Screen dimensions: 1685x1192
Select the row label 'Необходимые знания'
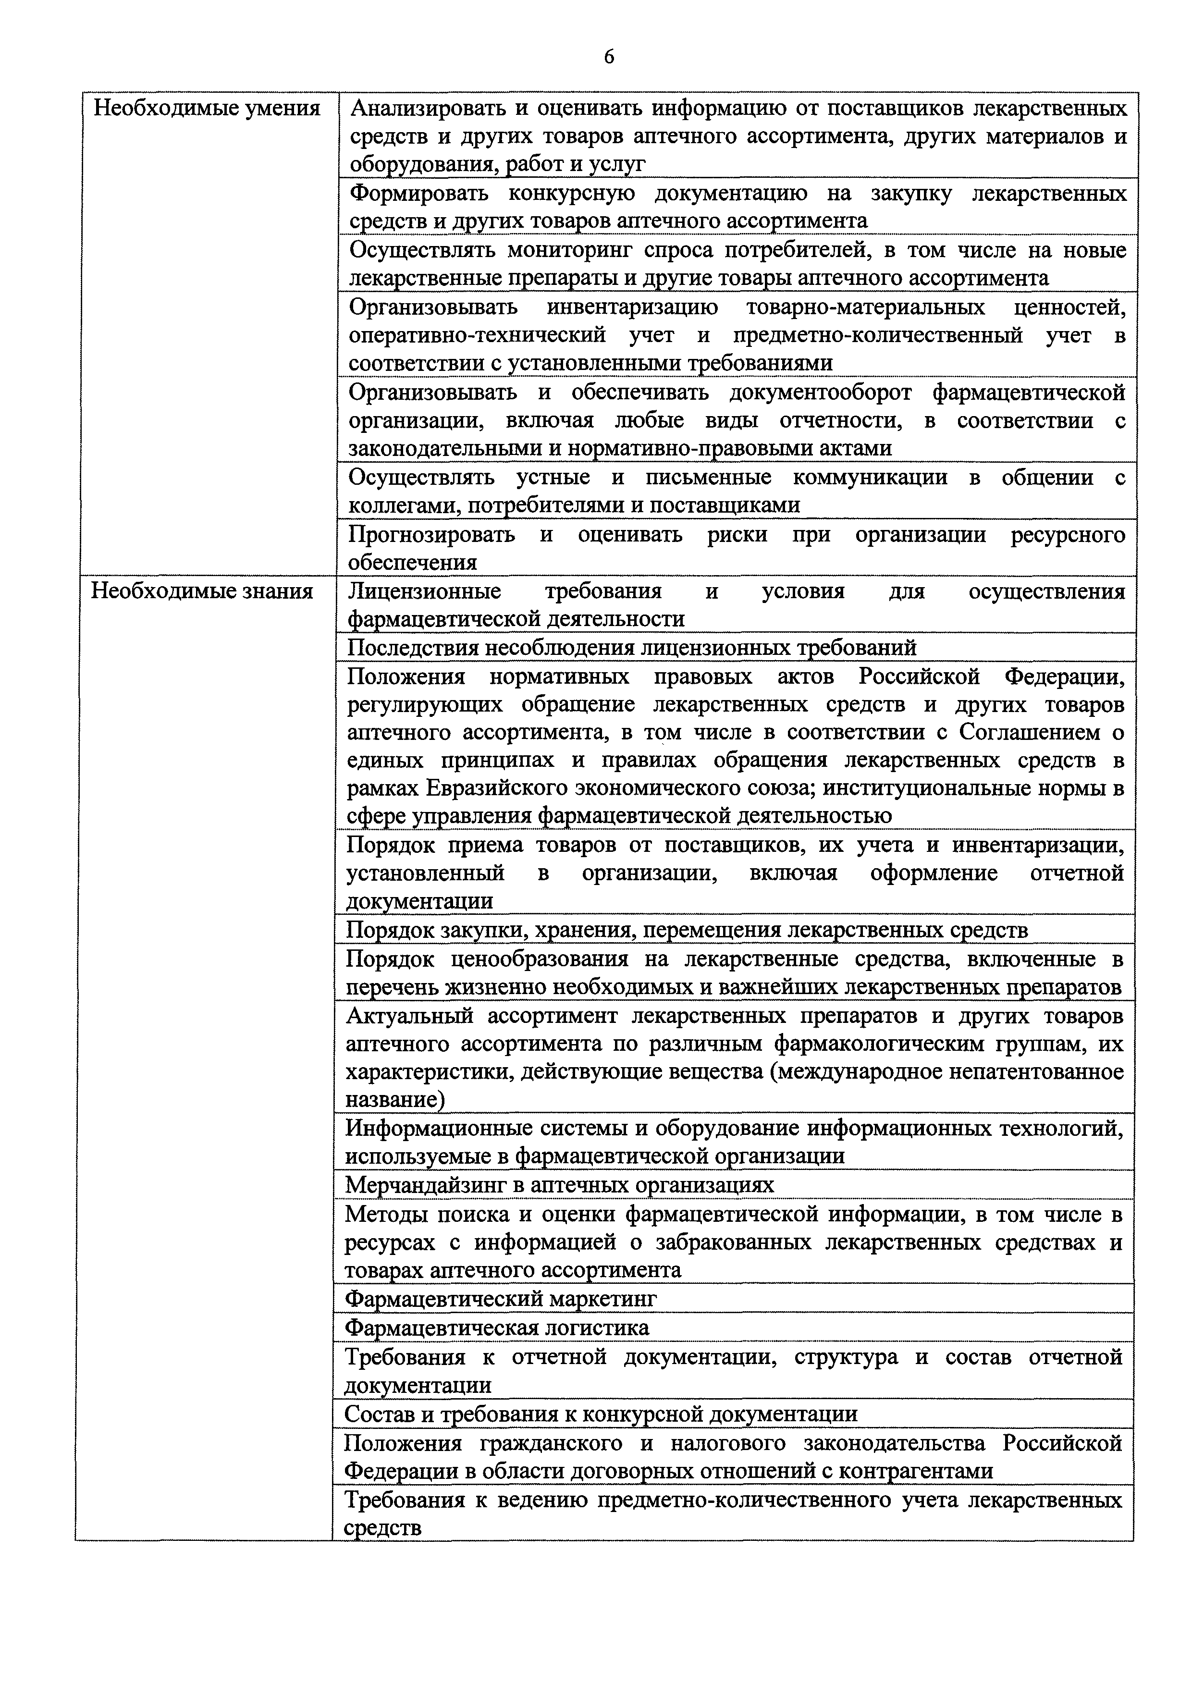(x=202, y=591)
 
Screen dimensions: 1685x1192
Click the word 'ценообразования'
(x=540, y=959)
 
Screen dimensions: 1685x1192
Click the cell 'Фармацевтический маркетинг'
(x=501, y=1299)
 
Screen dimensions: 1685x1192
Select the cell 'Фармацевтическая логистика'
(x=497, y=1328)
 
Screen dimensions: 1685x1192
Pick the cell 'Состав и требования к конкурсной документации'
(x=601, y=1414)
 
